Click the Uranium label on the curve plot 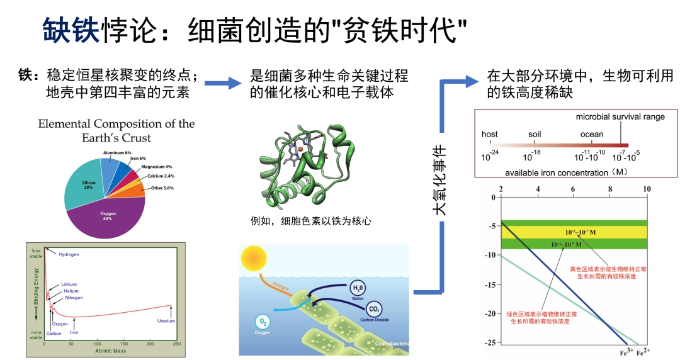tap(166, 321)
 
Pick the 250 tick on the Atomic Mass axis tap(177, 344)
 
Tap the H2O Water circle tap(358, 290)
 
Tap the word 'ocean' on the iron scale tap(592, 134)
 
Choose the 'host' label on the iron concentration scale tap(489, 134)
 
